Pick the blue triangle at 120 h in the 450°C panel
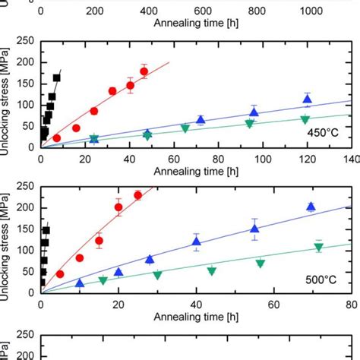[308, 99]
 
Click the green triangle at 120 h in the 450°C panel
[305, 120]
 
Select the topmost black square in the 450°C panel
[57, 77]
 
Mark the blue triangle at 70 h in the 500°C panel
[311, 207]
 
